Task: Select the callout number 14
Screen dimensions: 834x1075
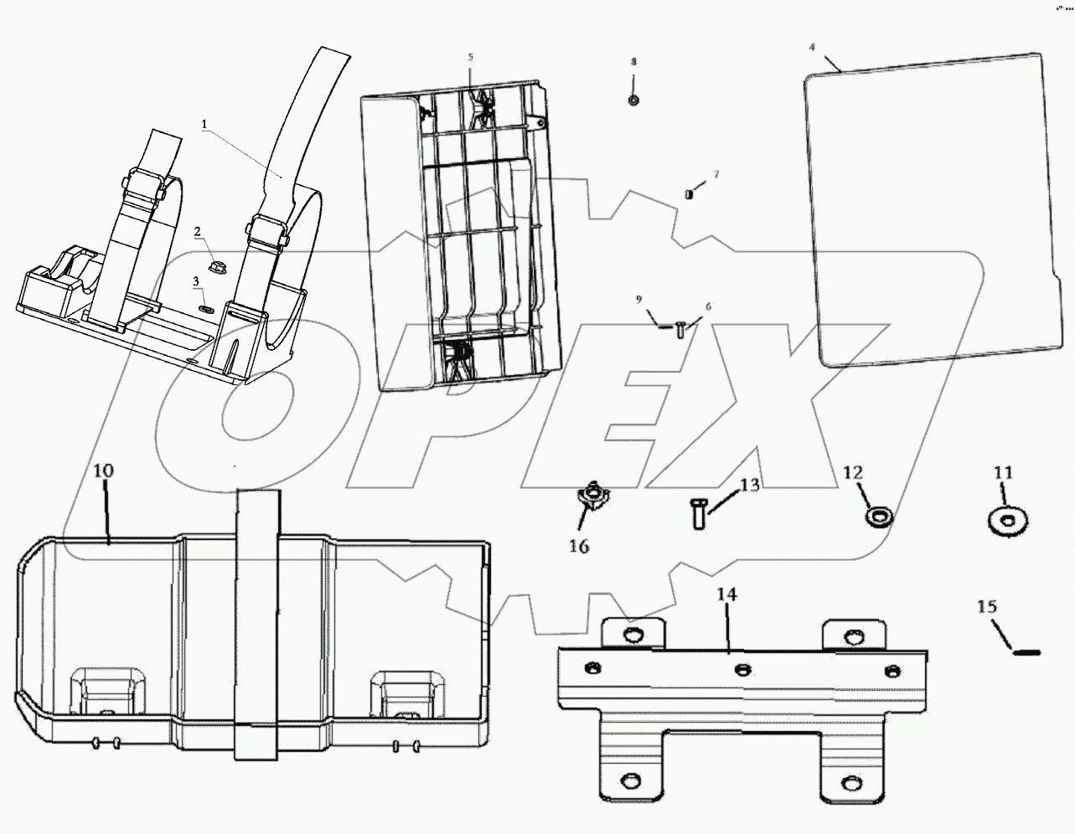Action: coord(726,595)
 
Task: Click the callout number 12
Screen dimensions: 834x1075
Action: coord(852,474)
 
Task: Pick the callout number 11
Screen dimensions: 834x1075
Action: coord(1004,473)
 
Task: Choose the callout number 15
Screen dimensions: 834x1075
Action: coord(988,605)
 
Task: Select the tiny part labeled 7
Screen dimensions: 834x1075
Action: coord(689,194)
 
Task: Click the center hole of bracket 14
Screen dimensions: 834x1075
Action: coord(742,669)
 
